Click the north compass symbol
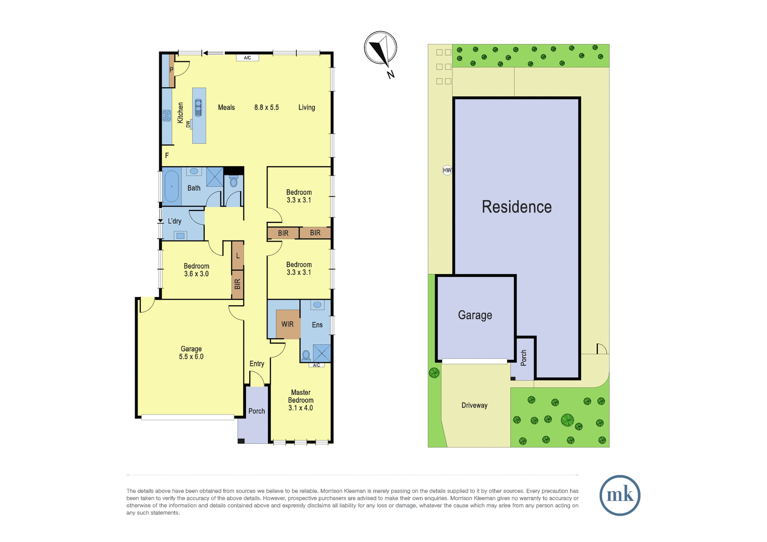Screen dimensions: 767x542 [381, 48]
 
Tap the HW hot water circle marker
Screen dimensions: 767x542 [447, 170]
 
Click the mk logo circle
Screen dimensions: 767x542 [620, 495]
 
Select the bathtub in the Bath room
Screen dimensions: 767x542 [172, 186]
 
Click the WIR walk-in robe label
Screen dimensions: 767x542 [287, 324]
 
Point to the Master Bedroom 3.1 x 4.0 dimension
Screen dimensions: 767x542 [300, 408]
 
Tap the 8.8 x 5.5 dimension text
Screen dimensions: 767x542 [267, 107]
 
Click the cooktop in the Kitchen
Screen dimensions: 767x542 [167, 115]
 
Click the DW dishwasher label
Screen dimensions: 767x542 [187, 124]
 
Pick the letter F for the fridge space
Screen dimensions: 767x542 [167, 155]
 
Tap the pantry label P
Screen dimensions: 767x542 [172, 70]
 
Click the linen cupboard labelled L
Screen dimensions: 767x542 [238, 256]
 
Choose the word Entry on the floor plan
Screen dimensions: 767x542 [257, 364]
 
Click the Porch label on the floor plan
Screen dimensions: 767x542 [256, 411]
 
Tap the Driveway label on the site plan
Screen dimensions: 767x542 [474, 405]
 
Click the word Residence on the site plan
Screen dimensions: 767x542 [517, 207]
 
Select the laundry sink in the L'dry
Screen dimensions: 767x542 [180, 235]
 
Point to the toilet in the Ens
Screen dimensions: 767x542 [306, 356]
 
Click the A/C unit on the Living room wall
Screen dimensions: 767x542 [247, 58]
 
